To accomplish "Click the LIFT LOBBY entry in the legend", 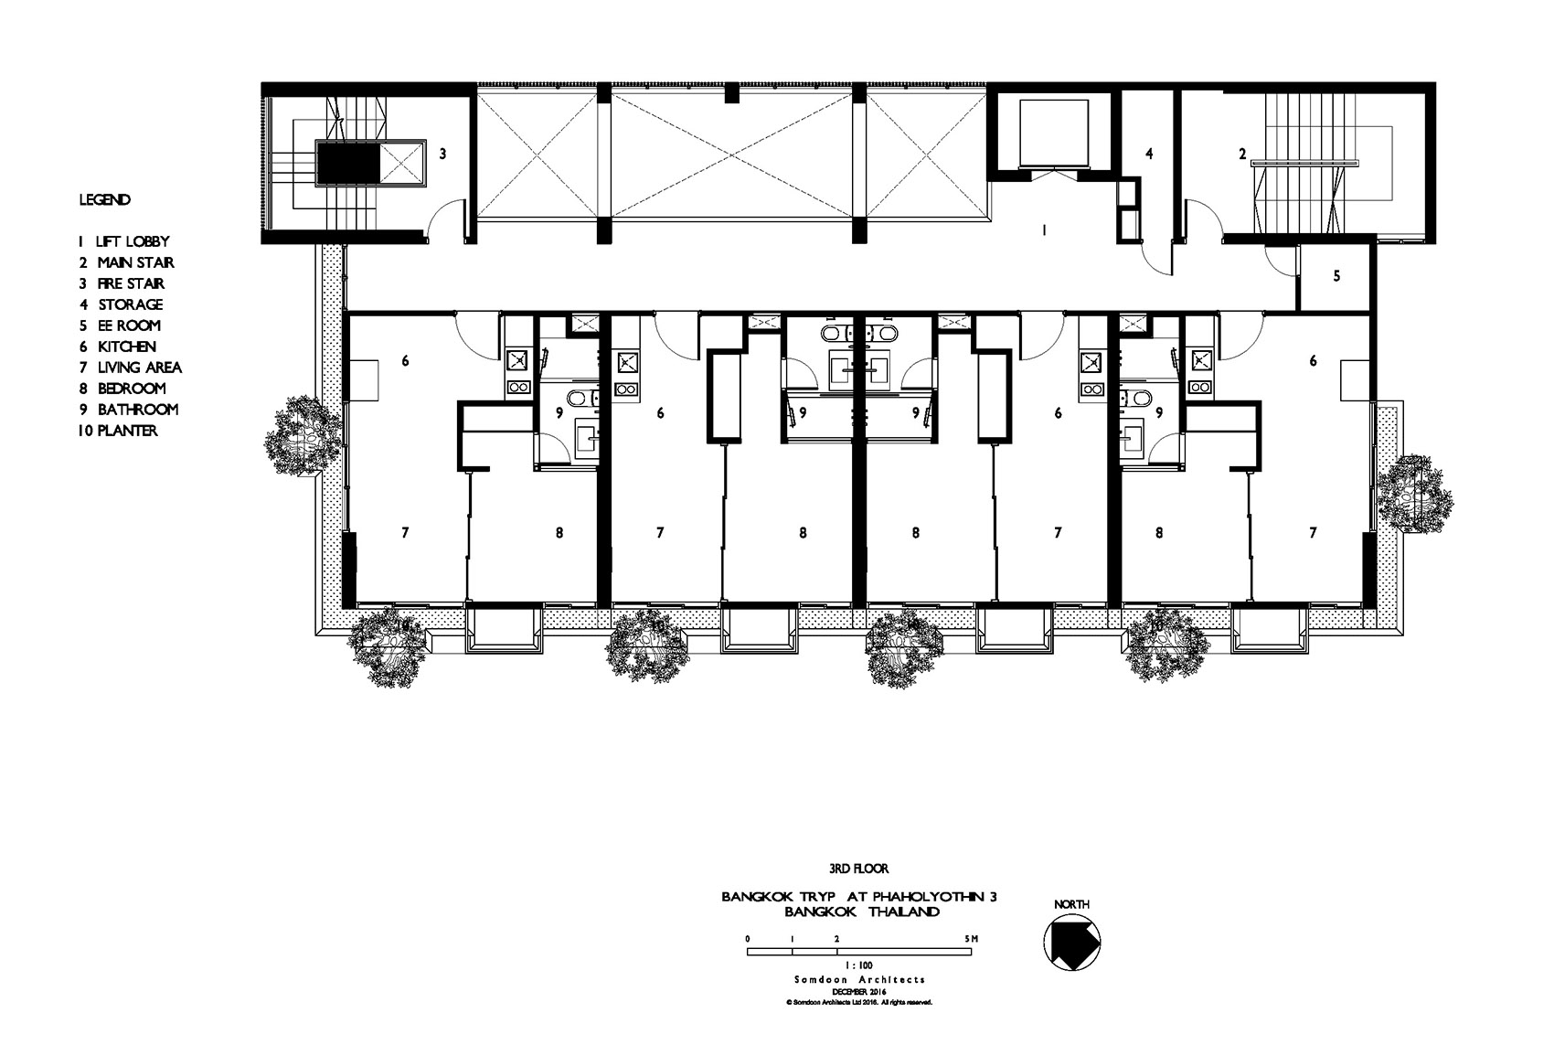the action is (123, 241).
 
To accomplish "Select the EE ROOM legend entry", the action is (120, 325).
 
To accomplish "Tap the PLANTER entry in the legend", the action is (118, 431).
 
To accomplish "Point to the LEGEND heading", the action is (105, 200).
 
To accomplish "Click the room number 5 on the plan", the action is (1336, 276).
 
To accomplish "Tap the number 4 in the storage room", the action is (1149, 154).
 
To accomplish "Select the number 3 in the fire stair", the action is (442, 154).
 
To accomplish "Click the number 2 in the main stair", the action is (1242, 154).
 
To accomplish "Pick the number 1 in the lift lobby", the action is (1044, 230).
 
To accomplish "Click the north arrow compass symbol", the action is (1072, 942).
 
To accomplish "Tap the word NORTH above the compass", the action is (1072, 904).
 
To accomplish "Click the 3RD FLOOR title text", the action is (858, 868).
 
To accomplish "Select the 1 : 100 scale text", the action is (859, 965).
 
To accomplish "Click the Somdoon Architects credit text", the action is (859, 980).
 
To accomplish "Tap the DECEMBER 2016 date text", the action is (859, 992).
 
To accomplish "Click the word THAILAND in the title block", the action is (904, 912).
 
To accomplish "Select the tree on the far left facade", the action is (303, 436).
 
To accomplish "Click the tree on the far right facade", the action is (1414, 494).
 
